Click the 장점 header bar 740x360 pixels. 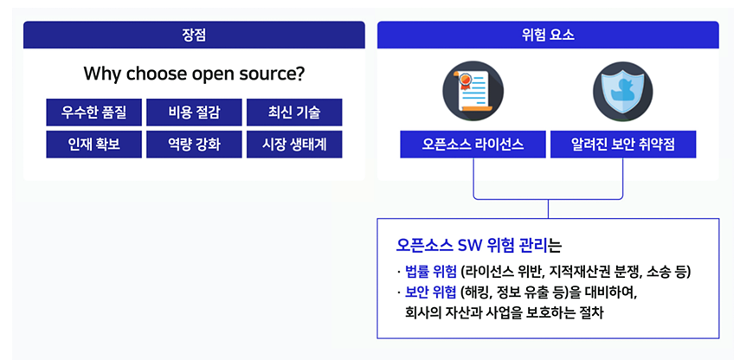pos(194,35)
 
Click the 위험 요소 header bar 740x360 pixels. pos(548,35)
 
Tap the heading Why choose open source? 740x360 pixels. pos(194,74)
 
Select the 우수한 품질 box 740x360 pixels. pos(94,112)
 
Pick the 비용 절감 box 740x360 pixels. pos(194,112)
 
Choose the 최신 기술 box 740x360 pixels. pos(294,112)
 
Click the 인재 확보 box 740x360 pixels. pos(94,145)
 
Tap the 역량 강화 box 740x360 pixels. pos(194,145)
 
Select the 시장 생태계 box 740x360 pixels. pos(294,145)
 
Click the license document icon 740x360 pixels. pos(473,91)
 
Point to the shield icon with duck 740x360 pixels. pos(623,91)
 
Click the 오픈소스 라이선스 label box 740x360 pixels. pos(473,145)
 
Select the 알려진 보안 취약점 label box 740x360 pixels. pos(623,145)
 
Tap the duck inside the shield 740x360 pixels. pos(623,90)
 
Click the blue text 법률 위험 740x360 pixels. pos(431,272)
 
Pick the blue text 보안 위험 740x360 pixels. pos(431,292)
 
